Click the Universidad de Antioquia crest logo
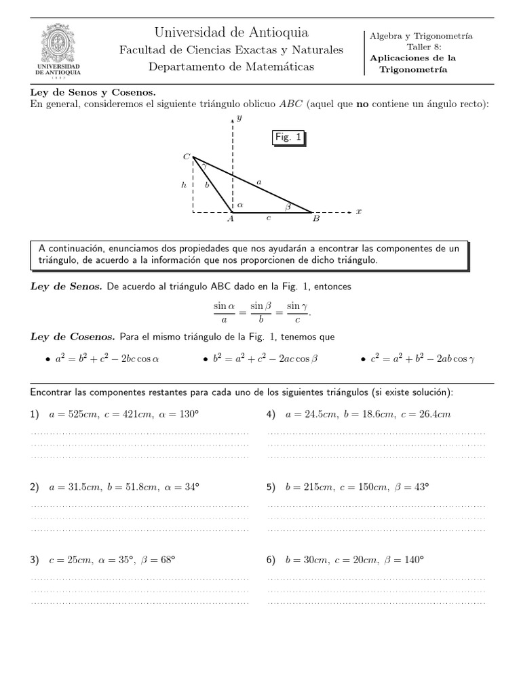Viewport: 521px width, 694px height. tap(62, 51)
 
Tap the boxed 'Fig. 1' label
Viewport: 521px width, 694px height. tap(288, 138)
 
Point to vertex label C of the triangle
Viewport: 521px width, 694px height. tap(186, 157)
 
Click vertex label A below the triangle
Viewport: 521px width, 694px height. tap(230, 220)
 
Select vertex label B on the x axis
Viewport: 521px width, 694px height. tap(315, 220)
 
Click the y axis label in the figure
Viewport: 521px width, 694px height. tap(240, 118)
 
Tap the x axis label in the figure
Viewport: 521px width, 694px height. tap(359, 211)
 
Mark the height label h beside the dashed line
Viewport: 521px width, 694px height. tap(183, 184)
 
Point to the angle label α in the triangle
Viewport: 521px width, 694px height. tap(239, 203)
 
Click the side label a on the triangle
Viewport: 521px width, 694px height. tap(258, 181)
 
